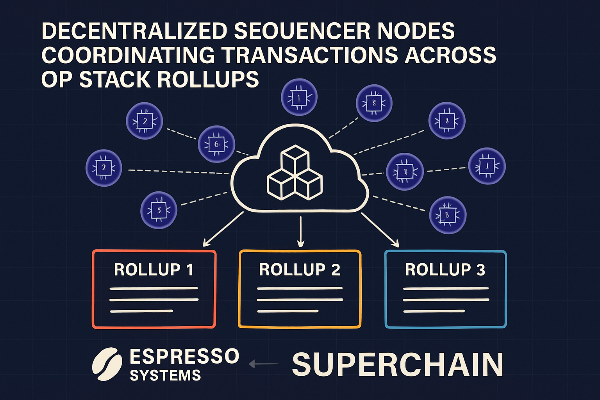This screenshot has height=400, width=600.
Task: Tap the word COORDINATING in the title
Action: click(x=128, y=55)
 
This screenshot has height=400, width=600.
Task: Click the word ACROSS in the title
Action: click(x=450, y=55)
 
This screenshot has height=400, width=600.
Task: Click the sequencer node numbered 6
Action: click(x=216, y=144)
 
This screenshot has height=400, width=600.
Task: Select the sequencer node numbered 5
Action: click(x=159, y=210)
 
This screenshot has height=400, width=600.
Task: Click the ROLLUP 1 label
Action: click(x=154, y=270)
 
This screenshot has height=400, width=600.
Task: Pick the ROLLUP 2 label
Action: click(x=300, y=270)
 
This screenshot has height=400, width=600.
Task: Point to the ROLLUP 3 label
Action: click(x=445, y=270)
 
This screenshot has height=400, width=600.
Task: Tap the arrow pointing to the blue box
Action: click(x=380, y=230)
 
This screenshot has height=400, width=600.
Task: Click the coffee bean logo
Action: click(x=105, y=364)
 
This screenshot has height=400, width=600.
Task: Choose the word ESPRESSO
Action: click(x=184, y=356)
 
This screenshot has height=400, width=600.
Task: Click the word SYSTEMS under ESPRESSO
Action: click(x=165, y=375)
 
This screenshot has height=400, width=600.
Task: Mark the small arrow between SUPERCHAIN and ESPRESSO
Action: click(x=263, y=364)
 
